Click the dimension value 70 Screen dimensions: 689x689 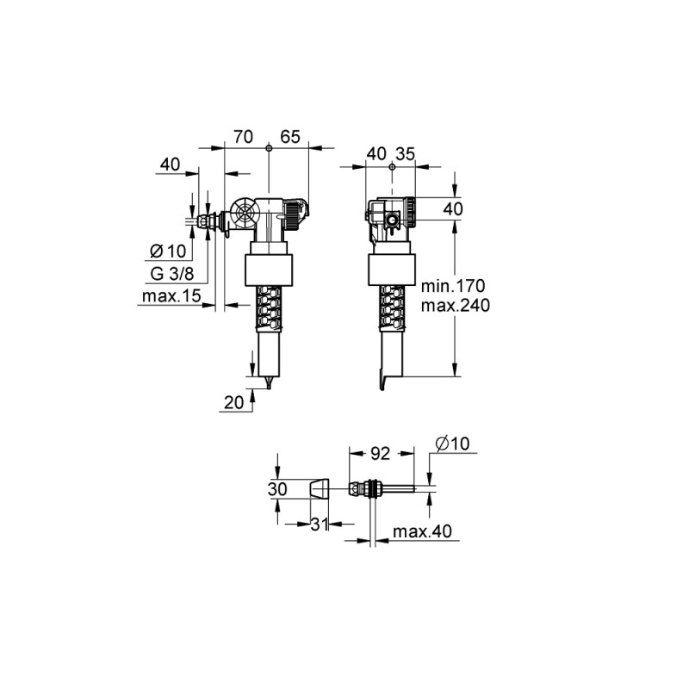(x=244, y=137)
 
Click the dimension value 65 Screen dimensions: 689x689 (x=290, y=137)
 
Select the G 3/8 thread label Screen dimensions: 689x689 (x=171, y=274)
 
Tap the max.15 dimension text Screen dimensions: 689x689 (x=171, y=296)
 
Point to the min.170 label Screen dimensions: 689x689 (x=453, y=286)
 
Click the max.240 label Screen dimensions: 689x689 (x=456, y=305)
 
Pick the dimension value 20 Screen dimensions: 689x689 (x=233, y=402)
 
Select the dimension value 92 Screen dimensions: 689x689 (x=381, y=454)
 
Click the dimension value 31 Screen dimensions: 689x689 (x=320, y=524)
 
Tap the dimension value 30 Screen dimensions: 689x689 (x=277, y=488)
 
